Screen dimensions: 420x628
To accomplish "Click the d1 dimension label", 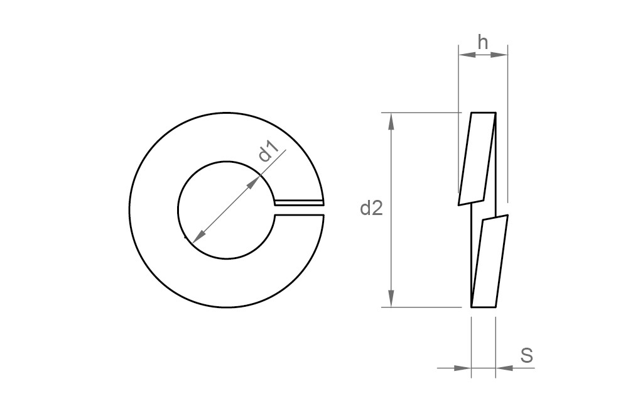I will pos(268,152).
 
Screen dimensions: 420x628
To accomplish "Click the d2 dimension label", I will pos(371,209).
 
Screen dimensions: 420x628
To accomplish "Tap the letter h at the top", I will pos(483,42).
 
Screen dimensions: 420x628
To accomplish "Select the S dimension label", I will pos(526,355).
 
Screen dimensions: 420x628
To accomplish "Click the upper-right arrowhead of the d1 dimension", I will pos(254,183).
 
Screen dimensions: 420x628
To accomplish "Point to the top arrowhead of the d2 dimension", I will pos(392,121).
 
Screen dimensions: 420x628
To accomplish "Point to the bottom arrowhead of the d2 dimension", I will pos(392,300).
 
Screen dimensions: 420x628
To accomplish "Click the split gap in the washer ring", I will pos(299,210).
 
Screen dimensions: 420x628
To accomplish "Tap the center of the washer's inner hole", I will pos(227,210).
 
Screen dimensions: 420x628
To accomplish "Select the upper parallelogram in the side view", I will pos(477,158).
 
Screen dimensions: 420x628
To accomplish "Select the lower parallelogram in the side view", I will pos(489,262).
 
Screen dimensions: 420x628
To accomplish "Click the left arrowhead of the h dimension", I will pos(467,55).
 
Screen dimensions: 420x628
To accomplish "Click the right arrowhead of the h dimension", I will pos(500,55).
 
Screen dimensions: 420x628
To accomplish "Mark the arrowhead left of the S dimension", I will pos(463,368).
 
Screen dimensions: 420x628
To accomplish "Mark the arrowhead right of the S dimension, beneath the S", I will pos(503,368).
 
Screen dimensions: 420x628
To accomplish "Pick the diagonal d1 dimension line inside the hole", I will pos(226,210).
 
